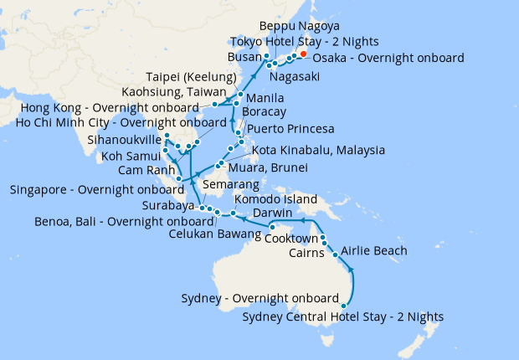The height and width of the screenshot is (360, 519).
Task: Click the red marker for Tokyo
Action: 303,54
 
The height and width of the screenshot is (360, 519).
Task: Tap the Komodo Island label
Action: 275,199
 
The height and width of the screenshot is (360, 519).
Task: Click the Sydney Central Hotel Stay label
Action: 342,316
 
